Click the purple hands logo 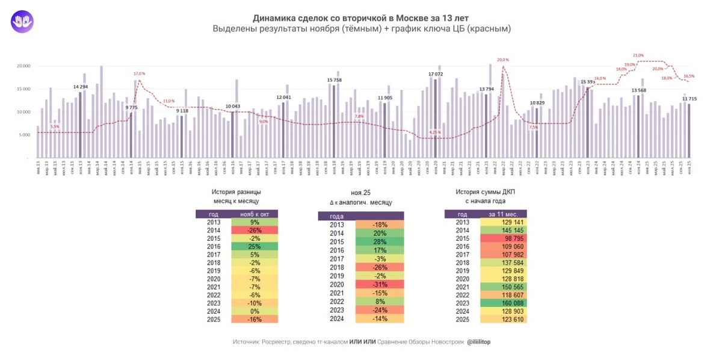click(x=22, y=22)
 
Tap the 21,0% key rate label click(x=638, y=55)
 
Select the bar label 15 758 click(x=334, y=79)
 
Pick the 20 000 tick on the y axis click(x=23, y=66)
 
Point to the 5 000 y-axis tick click(x=25, y=135)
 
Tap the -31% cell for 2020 click(x=379, y=284)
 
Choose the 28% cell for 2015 click(x=379, y=241)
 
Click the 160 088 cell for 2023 click(x=504, y=303)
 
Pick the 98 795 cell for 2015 click(x=504, y=238)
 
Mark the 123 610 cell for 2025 click(x=504, y=319)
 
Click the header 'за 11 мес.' click(x=504, y=214)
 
